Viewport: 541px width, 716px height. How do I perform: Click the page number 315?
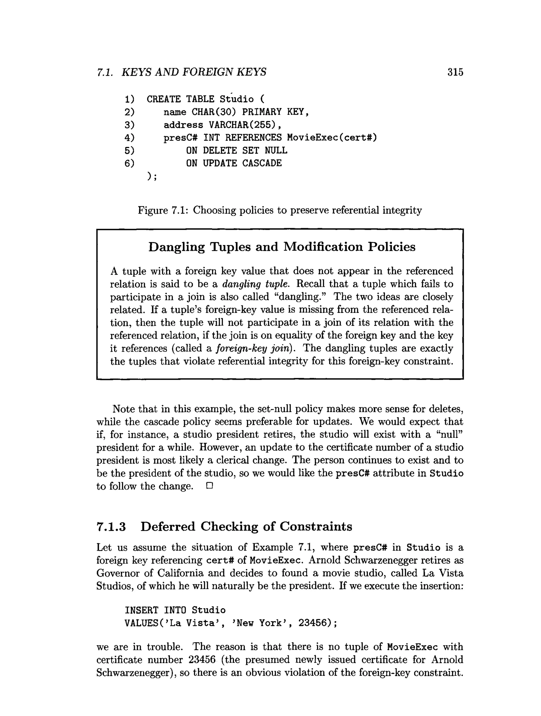tap(455, 72)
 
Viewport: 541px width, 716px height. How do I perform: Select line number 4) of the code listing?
tap(129, 137)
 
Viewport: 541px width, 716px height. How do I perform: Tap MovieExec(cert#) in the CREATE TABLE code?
tap(332, 137)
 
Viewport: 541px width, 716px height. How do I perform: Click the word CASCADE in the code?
tap(262, 163)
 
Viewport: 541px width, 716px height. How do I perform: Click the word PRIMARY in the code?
tap(262, 112)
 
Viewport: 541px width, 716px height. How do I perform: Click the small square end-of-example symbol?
tap(209, 486)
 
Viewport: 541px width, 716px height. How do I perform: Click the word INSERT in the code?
tap(141, 610)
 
